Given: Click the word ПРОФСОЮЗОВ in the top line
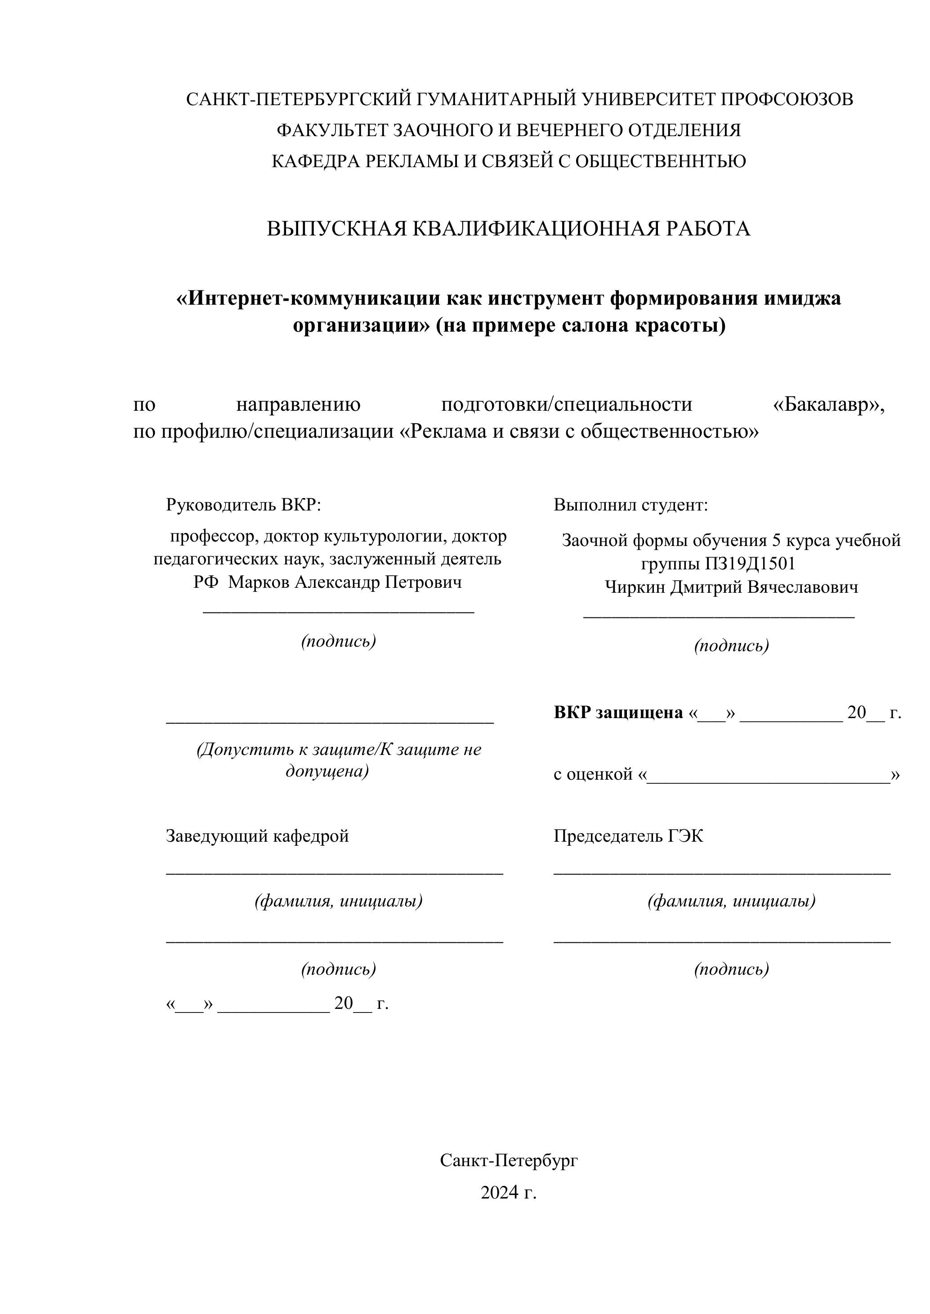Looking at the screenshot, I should coord(786,100).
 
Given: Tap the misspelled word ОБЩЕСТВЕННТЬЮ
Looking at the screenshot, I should coord(660,161).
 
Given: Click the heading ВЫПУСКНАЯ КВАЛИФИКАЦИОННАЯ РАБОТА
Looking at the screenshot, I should coord(508,229).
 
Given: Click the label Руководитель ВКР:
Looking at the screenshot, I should coord(243,505).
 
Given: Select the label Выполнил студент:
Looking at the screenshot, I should coord(630,505).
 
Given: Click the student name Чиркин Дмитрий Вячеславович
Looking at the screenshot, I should coord(731,587).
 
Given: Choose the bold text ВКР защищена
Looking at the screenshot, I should coord(618,713).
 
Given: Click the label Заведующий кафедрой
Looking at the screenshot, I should coord(257,836).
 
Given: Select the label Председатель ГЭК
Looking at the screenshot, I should coord(628,836).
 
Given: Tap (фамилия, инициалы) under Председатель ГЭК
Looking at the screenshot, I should coord(731,901).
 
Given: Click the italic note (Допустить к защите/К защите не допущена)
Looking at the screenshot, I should coord(339,760).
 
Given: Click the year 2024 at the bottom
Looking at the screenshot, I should coord(499,1193).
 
